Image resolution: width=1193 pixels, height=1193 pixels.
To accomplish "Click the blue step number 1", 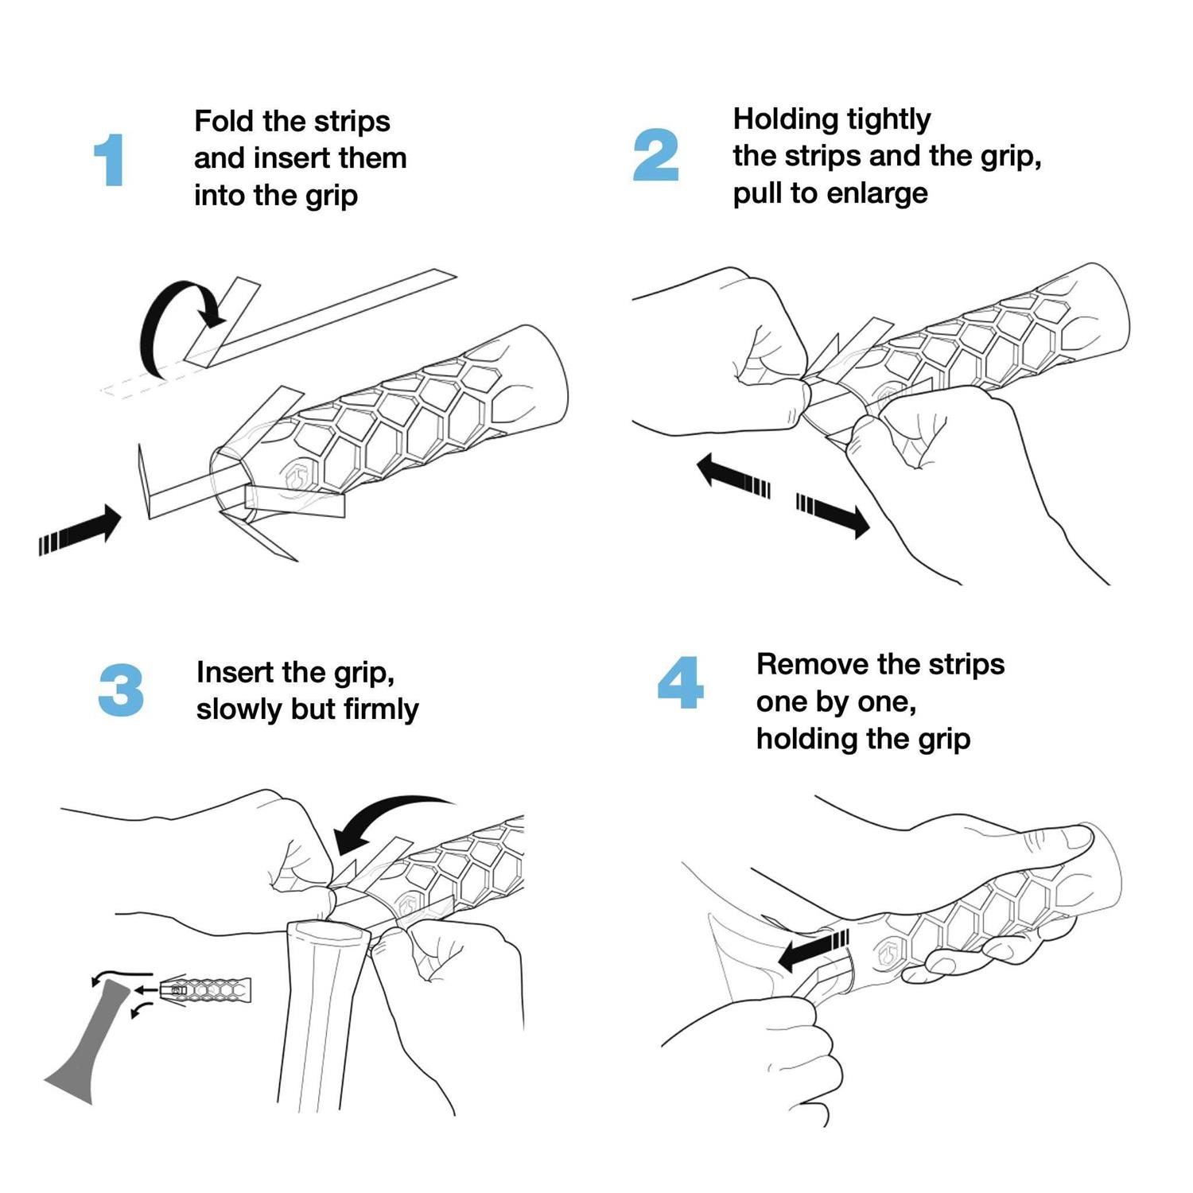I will [110, 160].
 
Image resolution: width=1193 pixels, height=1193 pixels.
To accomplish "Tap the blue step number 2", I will [655, 155].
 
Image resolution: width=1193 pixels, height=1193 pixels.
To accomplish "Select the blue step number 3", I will [121, 690].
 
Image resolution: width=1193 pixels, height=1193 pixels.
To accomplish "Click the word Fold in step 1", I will [224, 122].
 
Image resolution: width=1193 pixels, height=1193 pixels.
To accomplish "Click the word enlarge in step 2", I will [880, 193].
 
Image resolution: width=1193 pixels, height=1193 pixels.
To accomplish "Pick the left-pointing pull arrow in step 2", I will [732, 476].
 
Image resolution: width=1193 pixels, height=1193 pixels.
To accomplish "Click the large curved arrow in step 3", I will [382, 819].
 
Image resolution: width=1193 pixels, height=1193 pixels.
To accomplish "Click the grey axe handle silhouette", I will [87, 1050].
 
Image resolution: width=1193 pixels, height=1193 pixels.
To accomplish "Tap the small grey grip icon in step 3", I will [205, 990].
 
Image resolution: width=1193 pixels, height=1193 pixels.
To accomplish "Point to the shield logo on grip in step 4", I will [888, 951].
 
